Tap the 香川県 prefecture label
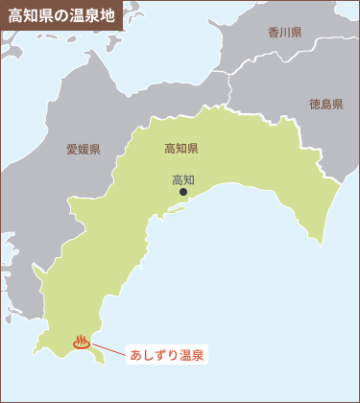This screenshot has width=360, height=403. point(285,33)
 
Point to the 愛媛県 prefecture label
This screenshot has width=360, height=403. point(83,149)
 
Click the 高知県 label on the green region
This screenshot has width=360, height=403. point(180,148)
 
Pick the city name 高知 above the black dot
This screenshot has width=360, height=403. point(182,179)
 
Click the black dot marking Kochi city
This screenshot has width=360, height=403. point(183,193)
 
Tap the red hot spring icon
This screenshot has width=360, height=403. point(82,341)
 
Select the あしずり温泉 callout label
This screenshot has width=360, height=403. point(166,355)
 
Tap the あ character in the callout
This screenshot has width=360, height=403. point(135,355)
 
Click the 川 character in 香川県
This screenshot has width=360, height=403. point(285,33)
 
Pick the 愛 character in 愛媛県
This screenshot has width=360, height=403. point(72,149)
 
